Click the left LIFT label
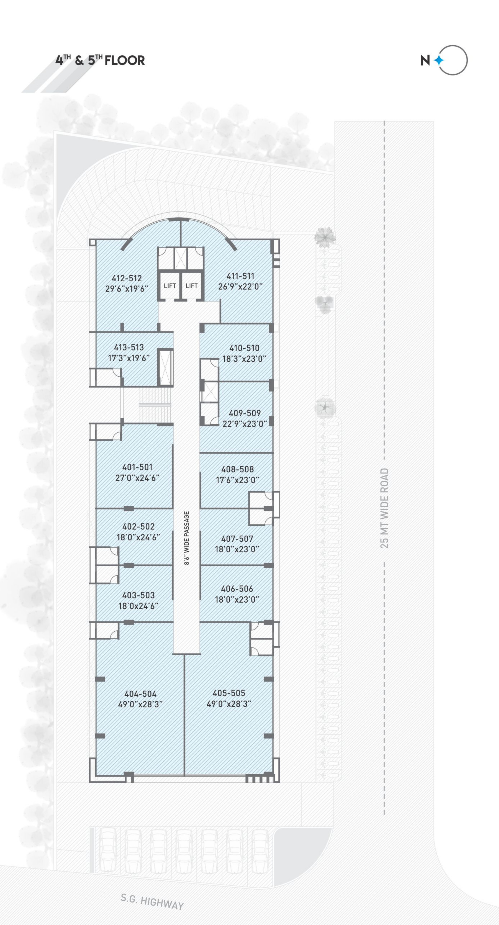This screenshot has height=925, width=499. click(170, 286)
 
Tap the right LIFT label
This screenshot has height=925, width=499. click(192, 286)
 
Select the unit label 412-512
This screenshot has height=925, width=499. click(127, 278)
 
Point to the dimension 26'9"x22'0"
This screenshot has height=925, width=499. click(241, 287)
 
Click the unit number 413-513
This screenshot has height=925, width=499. click(129, 347)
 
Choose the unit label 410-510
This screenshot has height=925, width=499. click(244, 348)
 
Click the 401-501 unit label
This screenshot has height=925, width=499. click(137, 467)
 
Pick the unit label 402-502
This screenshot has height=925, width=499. click(139, 526)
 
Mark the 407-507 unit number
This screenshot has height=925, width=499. click(237, 539)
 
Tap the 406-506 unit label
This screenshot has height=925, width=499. click(237, 589)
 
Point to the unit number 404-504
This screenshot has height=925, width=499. click(140, 694)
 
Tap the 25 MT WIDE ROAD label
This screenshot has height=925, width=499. click(385, 508)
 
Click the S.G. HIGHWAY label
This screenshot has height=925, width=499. click(152, 902)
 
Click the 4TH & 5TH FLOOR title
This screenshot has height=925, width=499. click(100, 60)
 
